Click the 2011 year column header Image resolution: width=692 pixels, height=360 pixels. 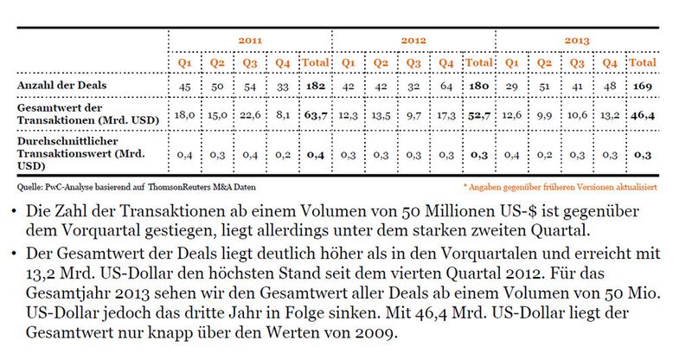(x=252, y=41)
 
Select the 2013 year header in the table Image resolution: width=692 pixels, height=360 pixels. (x=578, y=41)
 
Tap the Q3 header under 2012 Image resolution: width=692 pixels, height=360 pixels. (x=414, y=63)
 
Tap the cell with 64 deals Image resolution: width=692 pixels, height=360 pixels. (x=447, y=87)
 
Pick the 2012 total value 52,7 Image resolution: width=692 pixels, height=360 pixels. (x=479, y=115)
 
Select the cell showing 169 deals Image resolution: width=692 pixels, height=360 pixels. (x=642, y=87)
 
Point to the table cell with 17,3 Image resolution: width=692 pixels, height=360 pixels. (x=447, y=115)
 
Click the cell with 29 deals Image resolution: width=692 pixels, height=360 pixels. (x=512, y=87)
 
